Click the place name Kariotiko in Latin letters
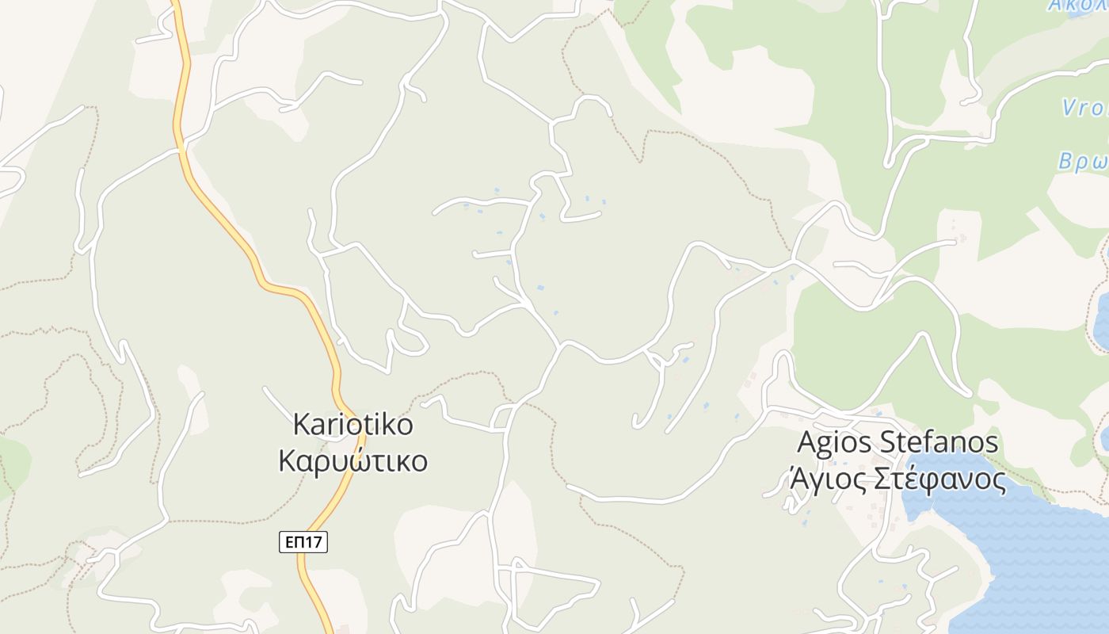click(x=353, y=425)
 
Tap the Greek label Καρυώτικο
click(x=353, y=460)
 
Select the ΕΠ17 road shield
click(x=303, y=542)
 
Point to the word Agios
click(x=834, y=442)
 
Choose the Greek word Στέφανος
click(x=939, y=479)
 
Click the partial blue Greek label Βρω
click(x=1083, y=161)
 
